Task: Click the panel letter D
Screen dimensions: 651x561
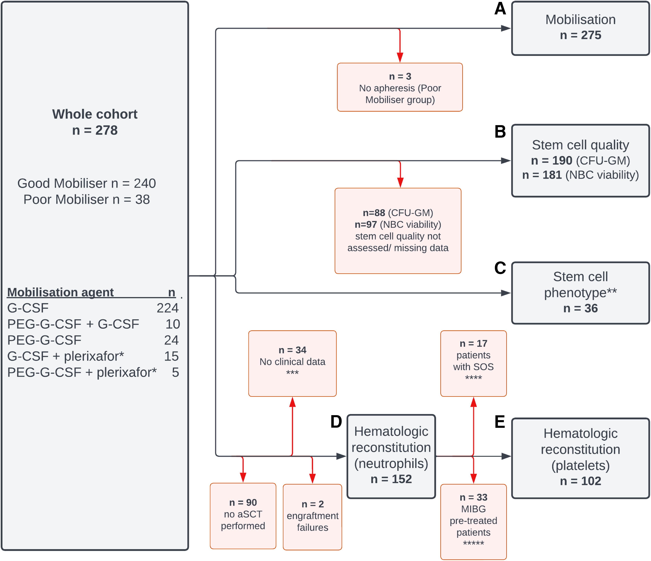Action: (336, 422)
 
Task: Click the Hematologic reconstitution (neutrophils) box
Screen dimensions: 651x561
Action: (391, 456)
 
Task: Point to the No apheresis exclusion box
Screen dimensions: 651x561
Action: (400, 87)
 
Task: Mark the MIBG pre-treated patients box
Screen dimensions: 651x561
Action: (474, 522)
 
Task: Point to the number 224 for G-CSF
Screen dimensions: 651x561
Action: (168, 308)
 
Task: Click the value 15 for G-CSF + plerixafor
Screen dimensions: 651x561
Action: (171, 356)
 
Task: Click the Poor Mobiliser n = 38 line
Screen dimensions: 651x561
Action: (87, 199)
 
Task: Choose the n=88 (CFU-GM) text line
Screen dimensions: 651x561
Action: (398, 213)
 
